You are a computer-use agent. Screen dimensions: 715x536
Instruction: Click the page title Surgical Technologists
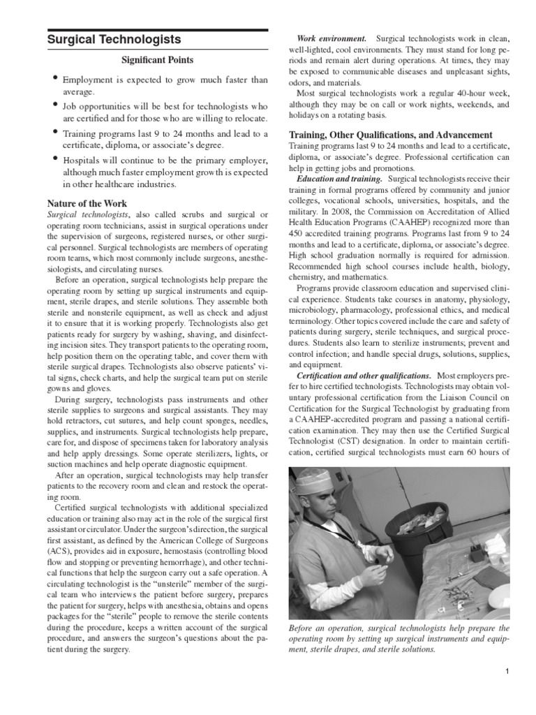tap(114, 40)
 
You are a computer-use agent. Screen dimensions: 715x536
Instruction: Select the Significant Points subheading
tap(157, 61)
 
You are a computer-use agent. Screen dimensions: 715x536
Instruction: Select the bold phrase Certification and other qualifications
tap(364, 376)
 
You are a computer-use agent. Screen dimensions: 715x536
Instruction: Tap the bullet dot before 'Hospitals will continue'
tap(54, 158)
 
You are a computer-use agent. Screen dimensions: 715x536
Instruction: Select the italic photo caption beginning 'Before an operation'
tap(399, 638)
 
